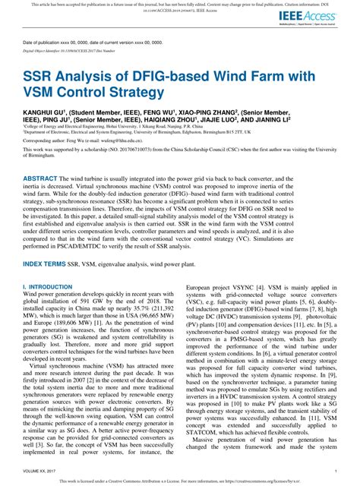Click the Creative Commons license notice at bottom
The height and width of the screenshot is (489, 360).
coord(180,481)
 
